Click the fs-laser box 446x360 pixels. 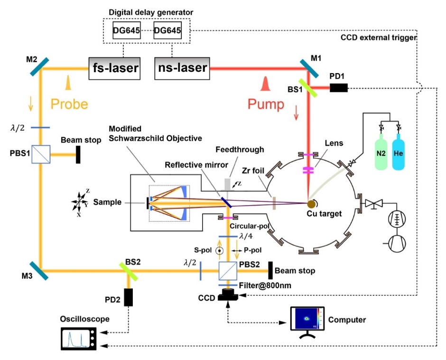[115, 68]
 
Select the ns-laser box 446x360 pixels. [182, 68]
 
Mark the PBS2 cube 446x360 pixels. [228, 271]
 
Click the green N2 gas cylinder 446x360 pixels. [382, 152]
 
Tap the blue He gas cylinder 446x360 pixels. [401, 152]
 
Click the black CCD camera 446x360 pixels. [228, 295]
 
